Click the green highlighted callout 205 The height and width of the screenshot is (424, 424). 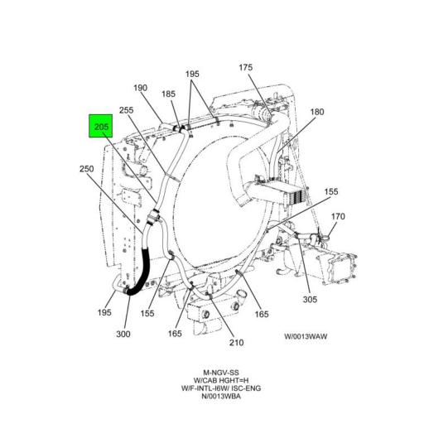click(x=100, y=126)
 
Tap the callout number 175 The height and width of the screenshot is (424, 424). click(x=245, y=68)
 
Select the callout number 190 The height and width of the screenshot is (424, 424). click(x=141, y=88)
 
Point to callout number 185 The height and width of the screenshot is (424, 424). click(x=168, y=94)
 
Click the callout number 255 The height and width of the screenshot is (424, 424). click(x=126, y=110)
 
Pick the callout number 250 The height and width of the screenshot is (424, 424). click(x=87, y=169)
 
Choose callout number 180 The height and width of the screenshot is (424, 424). click(x=317, y=112)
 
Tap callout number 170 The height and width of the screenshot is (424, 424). click(x=338, y=217)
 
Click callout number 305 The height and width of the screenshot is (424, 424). click(x=310, y=300)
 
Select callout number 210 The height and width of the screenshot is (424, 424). click(x=236, y=343)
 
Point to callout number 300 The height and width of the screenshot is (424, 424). click(x=123, y=335)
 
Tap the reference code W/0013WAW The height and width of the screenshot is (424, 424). click(x=306, y=337)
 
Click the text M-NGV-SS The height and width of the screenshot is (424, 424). click(x=221, y=373)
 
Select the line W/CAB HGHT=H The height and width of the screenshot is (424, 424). click(x=221, y=380)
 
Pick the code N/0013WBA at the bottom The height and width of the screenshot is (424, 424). click(x=221, y=397)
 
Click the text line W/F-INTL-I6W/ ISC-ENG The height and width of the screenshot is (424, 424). click(x=221, y=388)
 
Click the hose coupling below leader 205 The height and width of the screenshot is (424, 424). click(x=152, y=217)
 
